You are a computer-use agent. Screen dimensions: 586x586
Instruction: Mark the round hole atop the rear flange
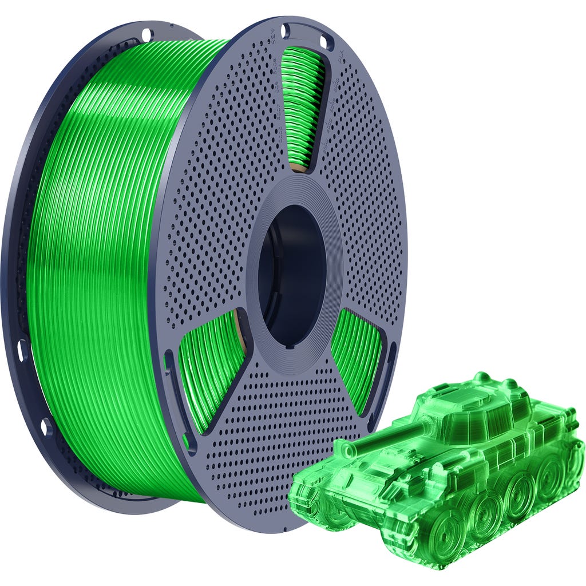[146, 34]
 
